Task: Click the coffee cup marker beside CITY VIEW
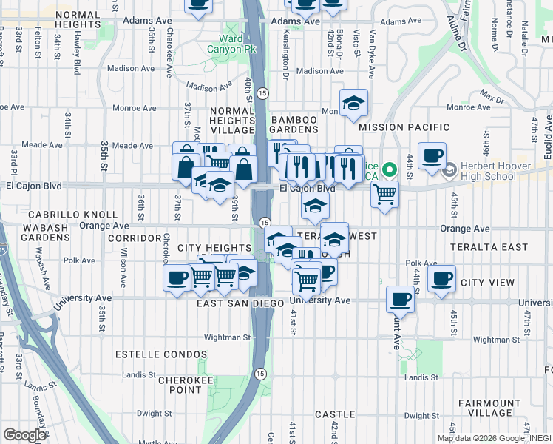click(x=441, y=279)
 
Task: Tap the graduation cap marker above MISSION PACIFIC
click(x=353, y=103)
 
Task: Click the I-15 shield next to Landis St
click(x=260, y=374)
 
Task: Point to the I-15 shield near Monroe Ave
click(x=263, y=93)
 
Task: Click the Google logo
click(x=24, y=435)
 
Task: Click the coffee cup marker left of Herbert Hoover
click(x=432, y=156)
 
